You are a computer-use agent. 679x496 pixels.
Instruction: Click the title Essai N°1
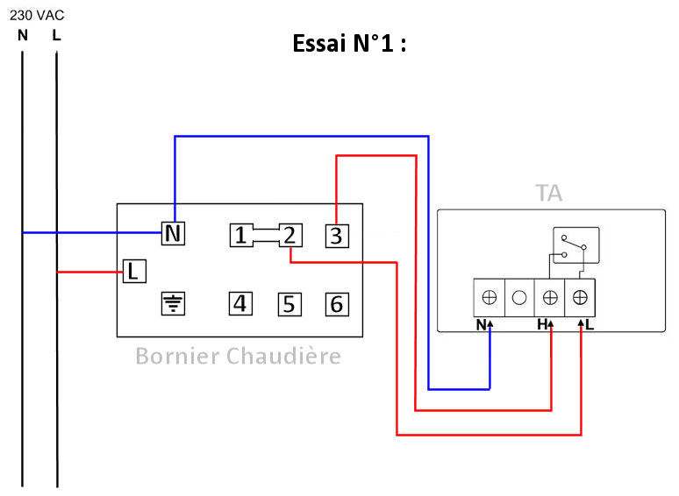point(349,44)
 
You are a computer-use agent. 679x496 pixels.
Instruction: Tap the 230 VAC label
point(36,16)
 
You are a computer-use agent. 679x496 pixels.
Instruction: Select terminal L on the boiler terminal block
point(132,271)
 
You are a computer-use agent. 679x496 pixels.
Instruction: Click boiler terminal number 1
point(241,235)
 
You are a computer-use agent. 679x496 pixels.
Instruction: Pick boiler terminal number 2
point(290,235)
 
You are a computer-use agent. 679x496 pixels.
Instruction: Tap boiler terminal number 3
point(337,235)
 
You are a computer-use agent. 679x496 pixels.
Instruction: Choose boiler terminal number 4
point(241,304)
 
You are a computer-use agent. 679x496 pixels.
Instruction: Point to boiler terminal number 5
point(290,305)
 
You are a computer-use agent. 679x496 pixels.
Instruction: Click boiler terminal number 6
point(337,305)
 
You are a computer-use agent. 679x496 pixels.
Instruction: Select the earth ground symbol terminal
point(174,304)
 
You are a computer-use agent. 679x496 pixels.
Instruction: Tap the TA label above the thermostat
point(549,194)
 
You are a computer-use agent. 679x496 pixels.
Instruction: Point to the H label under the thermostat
point(543,325)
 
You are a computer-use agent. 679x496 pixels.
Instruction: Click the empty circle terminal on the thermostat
point(519,297)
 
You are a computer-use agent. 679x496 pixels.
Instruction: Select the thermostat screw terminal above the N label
point(490,297)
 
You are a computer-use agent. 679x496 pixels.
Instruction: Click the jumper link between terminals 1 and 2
point(266,235)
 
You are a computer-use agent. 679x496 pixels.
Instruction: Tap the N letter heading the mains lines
point(22,36)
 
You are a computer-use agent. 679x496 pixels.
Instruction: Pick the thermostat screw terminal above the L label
point(580,297)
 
